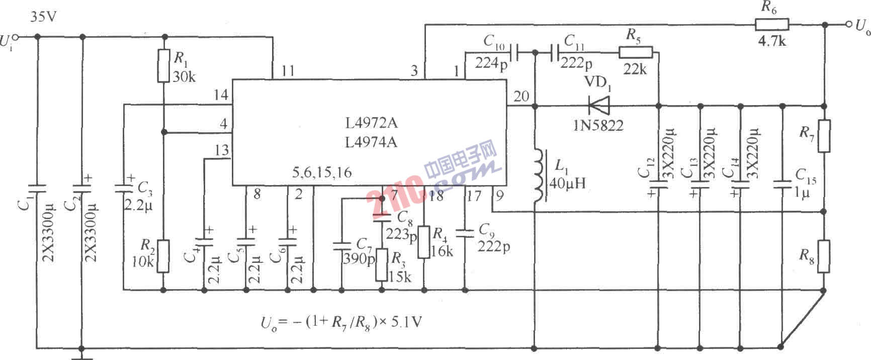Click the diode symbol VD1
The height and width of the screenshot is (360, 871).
[598, 106]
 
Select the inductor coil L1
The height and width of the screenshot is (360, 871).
[539, 175]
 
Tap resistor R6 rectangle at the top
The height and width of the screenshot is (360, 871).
[771, 24]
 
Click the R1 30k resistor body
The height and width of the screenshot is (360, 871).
[163, 65]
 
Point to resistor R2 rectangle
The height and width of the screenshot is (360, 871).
[163, 256]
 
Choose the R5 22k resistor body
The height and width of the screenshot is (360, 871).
[636, 52]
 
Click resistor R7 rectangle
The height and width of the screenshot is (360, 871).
[824, 136]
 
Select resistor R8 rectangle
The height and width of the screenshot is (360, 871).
[824, 256]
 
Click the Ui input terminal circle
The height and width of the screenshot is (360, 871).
[16, 37]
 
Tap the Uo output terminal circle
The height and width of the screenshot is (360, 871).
[849, 24]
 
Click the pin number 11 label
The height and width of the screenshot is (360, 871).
[288, 71]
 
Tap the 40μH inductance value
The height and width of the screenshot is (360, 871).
[567, 183]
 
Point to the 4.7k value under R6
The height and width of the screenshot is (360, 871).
[772, 41]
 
